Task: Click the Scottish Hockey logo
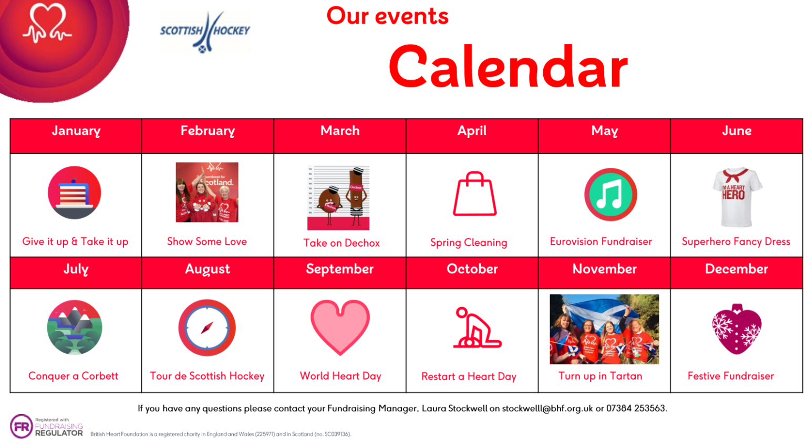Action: (x=205, y=31)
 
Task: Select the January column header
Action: (x=76, y=131)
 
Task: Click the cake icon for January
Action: (x=74, y=193)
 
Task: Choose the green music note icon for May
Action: (x=611, y=194)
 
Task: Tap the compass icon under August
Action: (x=207, y=328)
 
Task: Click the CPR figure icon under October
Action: (x=476, y=329)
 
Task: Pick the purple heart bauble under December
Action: (x=737, y=329)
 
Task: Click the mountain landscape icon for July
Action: (x=74, y=327)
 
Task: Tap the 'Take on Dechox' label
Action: (x=342, y=243)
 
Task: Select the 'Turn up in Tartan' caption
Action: (x=600, y=376)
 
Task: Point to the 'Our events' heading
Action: (x=387, y=16)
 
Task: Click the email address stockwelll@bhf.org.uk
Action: (x=547, y=408)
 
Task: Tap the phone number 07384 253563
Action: (x=636, y=408)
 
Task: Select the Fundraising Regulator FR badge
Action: (x=22, y=427)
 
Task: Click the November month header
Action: (x=604, y=269)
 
